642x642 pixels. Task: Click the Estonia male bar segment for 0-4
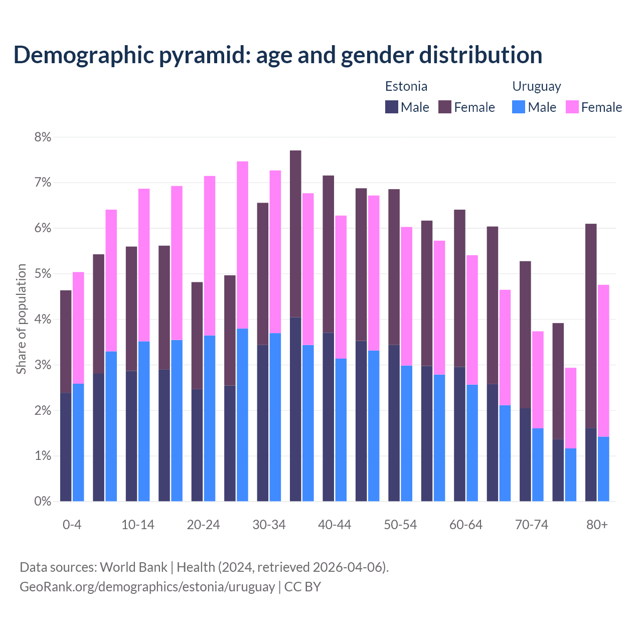[x=66, y=447]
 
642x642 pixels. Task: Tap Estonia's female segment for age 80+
[x=591, y=326]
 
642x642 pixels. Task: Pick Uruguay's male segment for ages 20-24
[x=210, y=418]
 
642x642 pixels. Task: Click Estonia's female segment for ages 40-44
[x=329, y=254]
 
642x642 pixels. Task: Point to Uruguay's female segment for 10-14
[x=144, y=265]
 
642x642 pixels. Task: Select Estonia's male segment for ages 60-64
[x=459, y=434]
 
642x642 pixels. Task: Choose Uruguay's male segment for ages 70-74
[x=538, y=464]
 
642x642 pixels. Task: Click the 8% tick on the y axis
[x=43, y=137]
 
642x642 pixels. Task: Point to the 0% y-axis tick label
[x=43, y=502]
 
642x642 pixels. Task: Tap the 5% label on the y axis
[x=43, y=274]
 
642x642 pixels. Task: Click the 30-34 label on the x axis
[x=269, y=525]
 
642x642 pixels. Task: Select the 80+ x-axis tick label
[x=597, y=525]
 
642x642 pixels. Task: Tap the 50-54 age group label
[x=400, y=525]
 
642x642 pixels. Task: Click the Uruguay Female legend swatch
[x=572, y=107]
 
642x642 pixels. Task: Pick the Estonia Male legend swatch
[x=392, y=107]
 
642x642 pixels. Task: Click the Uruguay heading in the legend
[x=536, y=86]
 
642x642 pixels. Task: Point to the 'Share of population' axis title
[x=21, y=319]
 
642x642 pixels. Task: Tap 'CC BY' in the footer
[x=302, y=587]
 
